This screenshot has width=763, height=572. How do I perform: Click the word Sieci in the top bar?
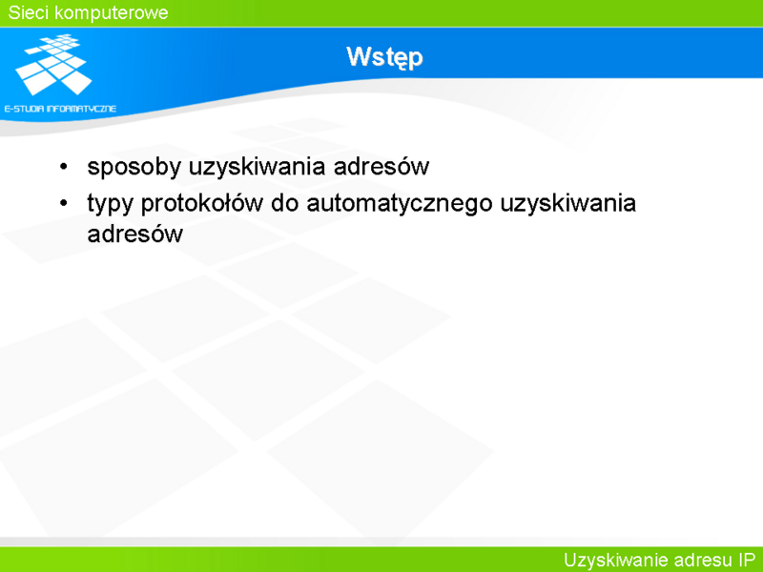tap(28, 12)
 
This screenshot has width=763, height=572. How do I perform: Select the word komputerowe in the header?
tap(111, 13)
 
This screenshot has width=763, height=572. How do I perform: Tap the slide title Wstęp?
tap(384, 58)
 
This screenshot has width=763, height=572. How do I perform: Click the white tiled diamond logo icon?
tap(53, 64)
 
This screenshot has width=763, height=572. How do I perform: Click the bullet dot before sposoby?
tap(63, 167)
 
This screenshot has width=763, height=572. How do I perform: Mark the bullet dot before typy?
tap(63, 203)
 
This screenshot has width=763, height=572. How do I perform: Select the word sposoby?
tap(134, 168)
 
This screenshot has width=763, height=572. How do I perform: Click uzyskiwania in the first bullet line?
tap(257, 168)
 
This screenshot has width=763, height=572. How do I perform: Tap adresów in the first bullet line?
tap(381, 166)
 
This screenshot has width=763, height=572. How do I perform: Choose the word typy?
tap(110, 204)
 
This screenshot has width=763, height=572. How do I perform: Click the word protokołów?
tap(202, 204)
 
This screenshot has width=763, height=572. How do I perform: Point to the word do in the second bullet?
tap(284, 203)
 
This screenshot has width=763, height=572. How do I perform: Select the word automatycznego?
tap(400, 204)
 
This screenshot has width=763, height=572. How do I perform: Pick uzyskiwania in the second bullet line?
tap(567, 204)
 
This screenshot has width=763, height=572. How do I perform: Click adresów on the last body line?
tap(134, 234)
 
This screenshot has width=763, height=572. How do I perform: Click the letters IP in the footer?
tap(746, 560)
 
